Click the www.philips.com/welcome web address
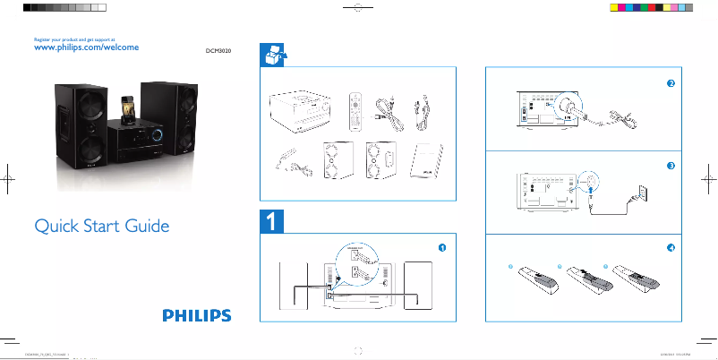tap(85, 48)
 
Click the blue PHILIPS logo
tap(196, 315)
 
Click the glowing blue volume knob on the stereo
tap(158, 136)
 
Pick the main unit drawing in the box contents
tap(302, 112)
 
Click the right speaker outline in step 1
tap(417, 286)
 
